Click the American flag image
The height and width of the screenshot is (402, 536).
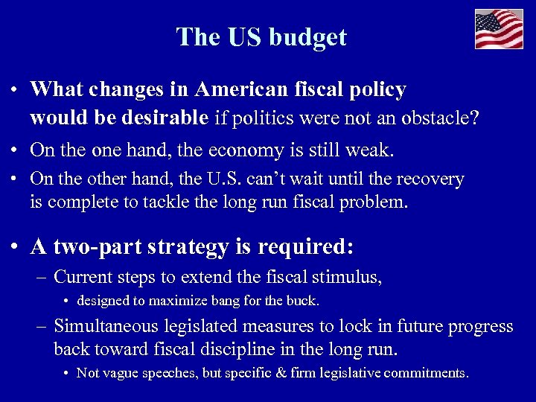499,29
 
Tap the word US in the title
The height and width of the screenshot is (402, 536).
244,36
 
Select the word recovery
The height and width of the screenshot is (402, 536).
430,179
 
